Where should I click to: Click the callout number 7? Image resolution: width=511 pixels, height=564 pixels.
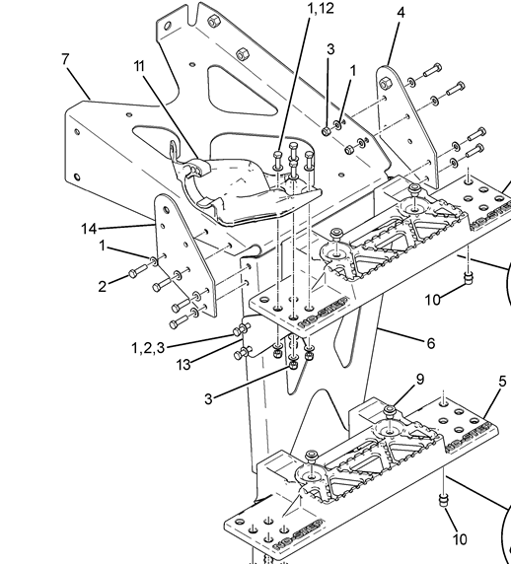[65, 59]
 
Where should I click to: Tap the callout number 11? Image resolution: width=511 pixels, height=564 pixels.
[139, 66]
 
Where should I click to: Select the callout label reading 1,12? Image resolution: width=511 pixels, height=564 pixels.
[321, 8]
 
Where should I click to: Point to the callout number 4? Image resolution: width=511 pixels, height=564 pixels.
[401, 13]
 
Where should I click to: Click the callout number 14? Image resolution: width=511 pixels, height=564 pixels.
[89, 229]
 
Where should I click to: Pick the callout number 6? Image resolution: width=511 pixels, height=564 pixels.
[431, 343]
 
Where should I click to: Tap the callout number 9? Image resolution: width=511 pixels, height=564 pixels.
[420, 379]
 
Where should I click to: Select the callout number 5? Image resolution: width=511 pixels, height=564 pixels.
[503, 382]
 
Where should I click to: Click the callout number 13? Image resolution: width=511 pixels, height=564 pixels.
[183, 365]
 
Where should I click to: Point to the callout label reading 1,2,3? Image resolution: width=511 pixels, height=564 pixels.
[148, 348]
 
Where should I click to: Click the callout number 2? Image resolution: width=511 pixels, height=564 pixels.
[103, 287]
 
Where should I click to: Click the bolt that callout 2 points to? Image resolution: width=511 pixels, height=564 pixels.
[138, 271]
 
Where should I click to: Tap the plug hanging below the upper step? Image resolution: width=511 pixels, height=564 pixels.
[468, 278]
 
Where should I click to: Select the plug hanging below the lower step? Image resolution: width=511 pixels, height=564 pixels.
[444, 500]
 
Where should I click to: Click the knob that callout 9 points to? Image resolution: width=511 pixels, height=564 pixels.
[390, 411]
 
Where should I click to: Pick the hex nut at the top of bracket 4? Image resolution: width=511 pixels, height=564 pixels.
[385, 84]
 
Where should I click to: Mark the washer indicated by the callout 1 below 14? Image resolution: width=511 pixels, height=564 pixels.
[154, 260]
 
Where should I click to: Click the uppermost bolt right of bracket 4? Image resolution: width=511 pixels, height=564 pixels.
[432, 70]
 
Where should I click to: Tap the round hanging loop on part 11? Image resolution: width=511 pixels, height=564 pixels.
[174, 149]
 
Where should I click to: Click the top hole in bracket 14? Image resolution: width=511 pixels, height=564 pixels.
[166, 210]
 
